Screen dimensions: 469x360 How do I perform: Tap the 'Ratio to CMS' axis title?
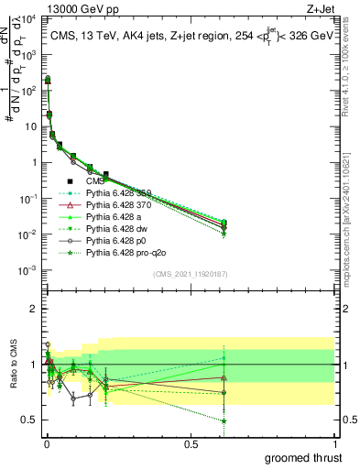(14, 365)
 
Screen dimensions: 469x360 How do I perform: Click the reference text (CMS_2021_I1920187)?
(190, 273)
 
